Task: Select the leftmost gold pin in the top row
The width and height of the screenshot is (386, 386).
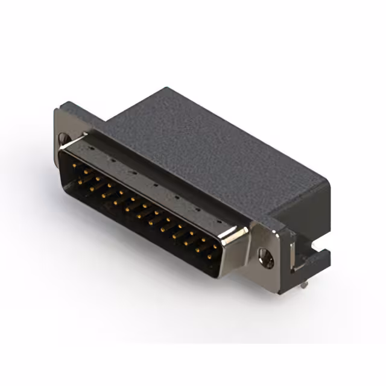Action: tap(74, 163)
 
